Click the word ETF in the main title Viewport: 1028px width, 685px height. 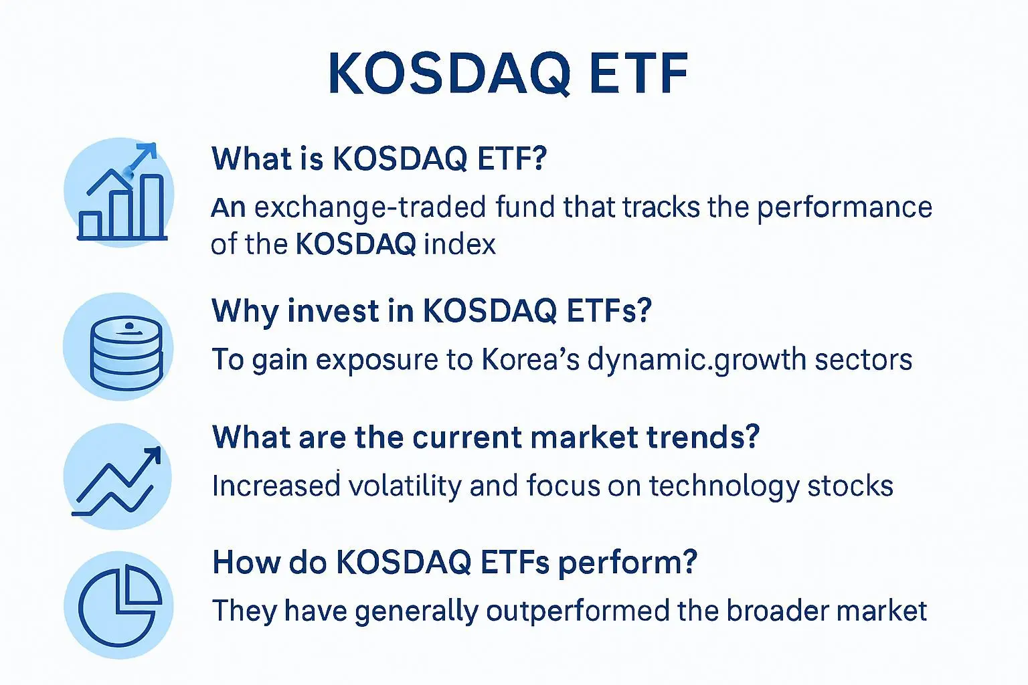tap(639, 74)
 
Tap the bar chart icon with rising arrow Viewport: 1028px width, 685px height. tap(122, 192)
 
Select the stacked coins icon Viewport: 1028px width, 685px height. tap(126, 353)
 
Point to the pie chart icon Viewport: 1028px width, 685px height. tap(120, 605)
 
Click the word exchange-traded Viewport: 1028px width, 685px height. tap(370, 208)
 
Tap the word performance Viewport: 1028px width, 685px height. tap(845, 208)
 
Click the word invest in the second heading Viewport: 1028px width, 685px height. tap(334, 311)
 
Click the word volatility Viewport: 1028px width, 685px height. tap(405, 486)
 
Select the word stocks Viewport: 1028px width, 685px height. tap(851, 486)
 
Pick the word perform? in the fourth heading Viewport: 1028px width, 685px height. tap(627, 563)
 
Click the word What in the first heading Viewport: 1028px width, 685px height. tap(252, 159)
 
